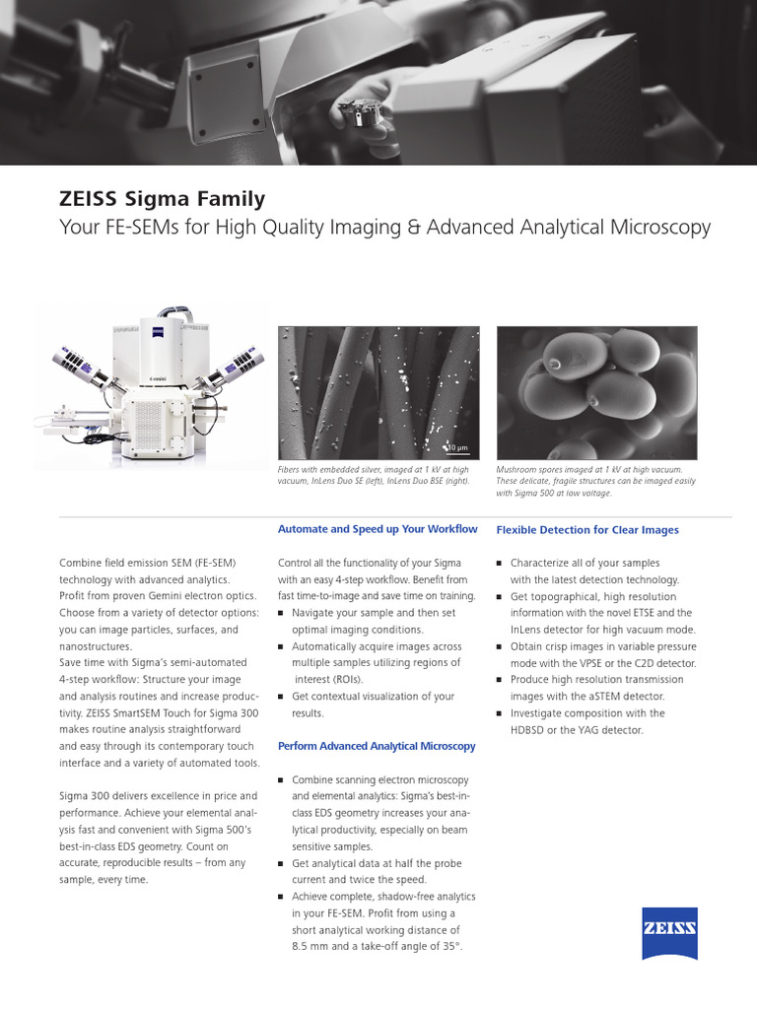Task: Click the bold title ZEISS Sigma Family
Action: pos(163,199)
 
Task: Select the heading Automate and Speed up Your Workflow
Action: pos(378,529)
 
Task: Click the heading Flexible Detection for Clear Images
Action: pos(587,530)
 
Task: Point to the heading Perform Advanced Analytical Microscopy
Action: pos(377,746)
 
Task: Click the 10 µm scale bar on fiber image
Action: pos(456,448)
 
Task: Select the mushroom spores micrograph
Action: pos(596,392)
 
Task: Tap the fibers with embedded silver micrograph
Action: pos(378,392)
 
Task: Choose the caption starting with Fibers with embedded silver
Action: pos(376,476)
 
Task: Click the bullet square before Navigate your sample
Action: pos(282,613)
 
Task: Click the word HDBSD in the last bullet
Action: pos(533,729)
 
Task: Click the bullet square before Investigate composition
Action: pos(500,713)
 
